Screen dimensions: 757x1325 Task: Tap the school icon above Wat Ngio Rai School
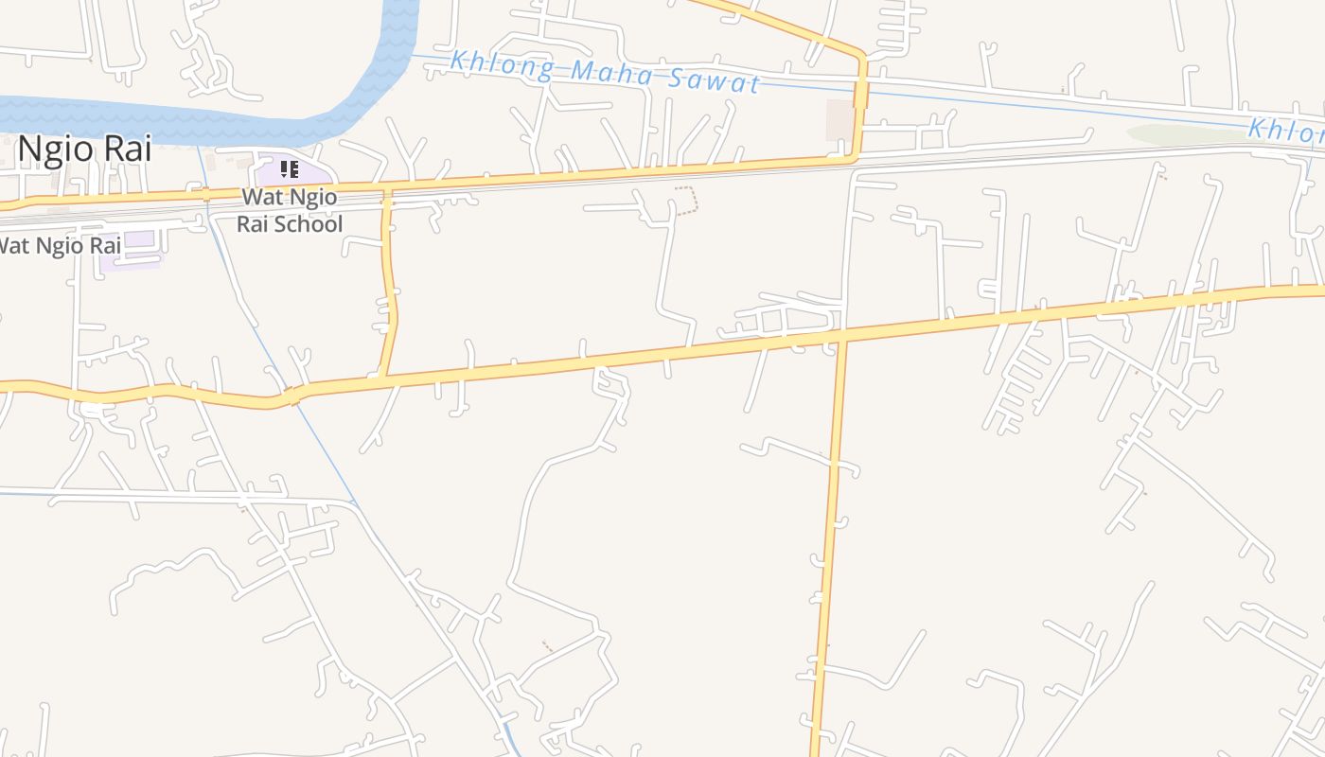[290, 170]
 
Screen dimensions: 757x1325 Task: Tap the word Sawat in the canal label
[715, 81]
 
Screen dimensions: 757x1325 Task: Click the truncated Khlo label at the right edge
[1287, 131]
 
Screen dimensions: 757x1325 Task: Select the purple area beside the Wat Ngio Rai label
[130, 249]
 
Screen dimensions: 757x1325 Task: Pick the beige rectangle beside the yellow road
[839, 120]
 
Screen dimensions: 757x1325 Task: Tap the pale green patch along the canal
[1183, 135]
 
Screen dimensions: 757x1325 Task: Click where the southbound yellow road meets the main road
[841, 334]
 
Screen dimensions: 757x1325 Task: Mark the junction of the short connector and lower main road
[381, 376]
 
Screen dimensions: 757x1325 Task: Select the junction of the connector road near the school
[386, 189]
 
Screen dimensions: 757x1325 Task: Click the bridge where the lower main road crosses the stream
[291, 396]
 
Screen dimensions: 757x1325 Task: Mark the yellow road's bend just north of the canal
[859, 53]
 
